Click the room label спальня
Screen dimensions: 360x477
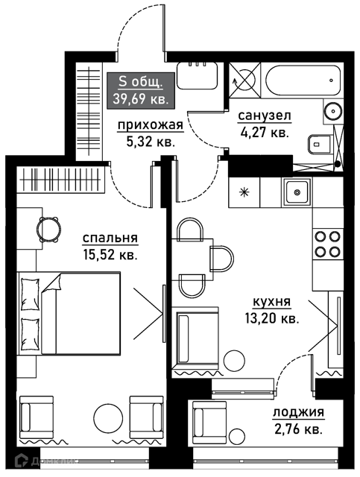(110, 238)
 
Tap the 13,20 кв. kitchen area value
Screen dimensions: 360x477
(272, 318)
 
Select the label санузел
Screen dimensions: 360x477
(265, 116)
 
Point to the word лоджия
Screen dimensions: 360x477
(298, 413)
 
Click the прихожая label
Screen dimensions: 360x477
(151, 125)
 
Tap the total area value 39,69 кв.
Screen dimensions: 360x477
(141, 99)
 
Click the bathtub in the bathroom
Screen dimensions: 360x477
(303, 80)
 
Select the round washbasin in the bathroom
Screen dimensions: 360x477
(332, 111)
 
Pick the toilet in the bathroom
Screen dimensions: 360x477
(320, 145)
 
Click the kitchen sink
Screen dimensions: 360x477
(297, 192)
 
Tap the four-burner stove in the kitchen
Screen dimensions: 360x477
(327, 244)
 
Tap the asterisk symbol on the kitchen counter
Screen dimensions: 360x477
(244, 192)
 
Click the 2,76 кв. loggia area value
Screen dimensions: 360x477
(298, 430)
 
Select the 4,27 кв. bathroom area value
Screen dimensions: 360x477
(265, 133)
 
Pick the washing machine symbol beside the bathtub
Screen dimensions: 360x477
(244, 80)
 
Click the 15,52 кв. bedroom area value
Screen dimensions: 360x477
(110, 255)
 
